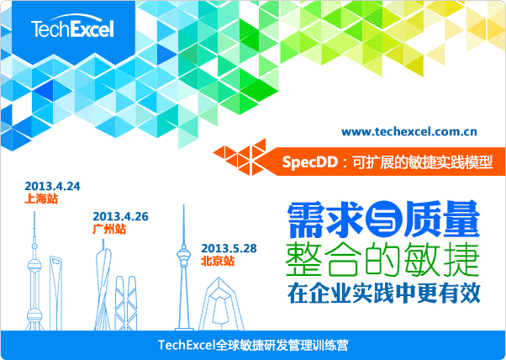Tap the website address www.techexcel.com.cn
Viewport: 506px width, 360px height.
pos(408,132)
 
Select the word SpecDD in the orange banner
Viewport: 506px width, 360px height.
pos(310,161)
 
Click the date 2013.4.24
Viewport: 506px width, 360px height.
pos(52,186)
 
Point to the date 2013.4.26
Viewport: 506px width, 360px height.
pos(120,216)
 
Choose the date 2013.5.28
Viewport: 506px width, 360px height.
pos(229,248)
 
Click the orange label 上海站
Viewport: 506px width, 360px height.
pos(41,199)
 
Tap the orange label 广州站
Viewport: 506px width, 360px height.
pos(109,229)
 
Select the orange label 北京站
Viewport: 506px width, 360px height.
pos(218,261)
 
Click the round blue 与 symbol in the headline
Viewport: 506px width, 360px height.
pos(383,220)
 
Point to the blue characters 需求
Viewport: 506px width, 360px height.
pos(325,220)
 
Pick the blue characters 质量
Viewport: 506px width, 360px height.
pos(442,220)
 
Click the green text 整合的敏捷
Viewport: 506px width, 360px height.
pos(382,260)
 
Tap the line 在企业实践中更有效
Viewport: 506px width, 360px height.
pos(384,294)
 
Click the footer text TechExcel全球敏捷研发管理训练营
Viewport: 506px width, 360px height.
pos(253,345)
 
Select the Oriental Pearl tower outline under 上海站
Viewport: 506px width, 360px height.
pos(34,271)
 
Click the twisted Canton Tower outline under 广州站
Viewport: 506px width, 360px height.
pos(103,285)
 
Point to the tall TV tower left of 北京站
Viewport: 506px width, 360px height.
pos(184,267)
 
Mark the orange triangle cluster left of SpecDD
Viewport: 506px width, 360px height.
pos(240,156)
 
